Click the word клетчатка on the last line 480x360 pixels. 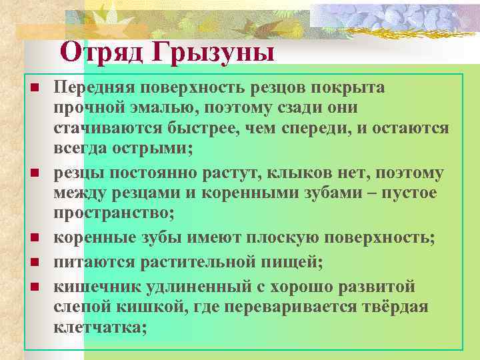(x=99, y=328)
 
